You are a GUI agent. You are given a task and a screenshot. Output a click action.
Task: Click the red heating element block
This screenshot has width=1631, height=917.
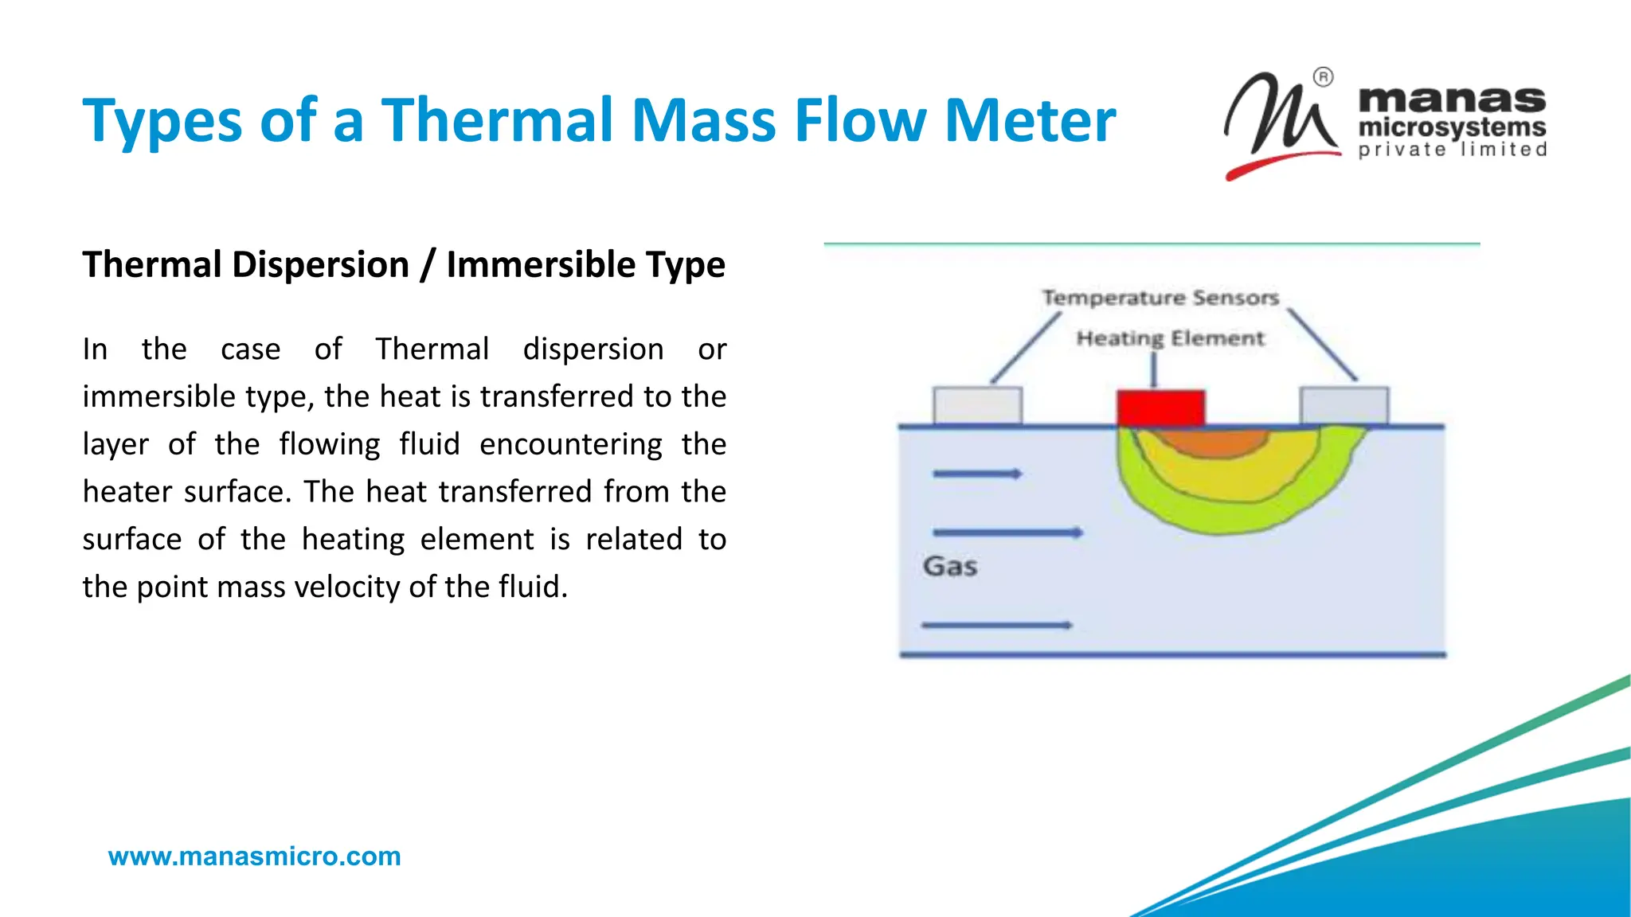point(1160,408)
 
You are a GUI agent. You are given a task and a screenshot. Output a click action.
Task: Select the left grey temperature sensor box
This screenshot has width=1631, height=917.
point(977,406)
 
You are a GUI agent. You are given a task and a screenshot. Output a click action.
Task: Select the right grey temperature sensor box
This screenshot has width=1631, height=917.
point(1344,406)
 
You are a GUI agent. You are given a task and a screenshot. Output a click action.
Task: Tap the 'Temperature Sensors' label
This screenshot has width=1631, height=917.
point(1160,298)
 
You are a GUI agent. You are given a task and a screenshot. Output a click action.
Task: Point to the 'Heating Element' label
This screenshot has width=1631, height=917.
point(1170,338)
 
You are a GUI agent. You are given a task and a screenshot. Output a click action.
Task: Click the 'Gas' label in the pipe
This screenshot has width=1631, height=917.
point(949,567)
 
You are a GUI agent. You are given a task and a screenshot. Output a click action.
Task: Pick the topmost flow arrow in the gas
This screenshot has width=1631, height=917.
point(977,474)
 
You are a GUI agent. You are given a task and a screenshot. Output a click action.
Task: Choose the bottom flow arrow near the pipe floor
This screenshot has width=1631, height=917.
point(996,626)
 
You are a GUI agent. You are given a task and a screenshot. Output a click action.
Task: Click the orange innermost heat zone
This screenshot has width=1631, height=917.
point(1212,443)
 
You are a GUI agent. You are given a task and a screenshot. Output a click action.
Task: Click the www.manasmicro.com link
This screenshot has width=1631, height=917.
point(254,857)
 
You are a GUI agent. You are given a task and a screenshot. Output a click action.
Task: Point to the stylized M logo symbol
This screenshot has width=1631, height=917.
point(1278,119)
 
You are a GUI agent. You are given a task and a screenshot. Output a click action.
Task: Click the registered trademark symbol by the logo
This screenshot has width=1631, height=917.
point(1323,77)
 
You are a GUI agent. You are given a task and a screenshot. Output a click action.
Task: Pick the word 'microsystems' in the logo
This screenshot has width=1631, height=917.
point(1451,127)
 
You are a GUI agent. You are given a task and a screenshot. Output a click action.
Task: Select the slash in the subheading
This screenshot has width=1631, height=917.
point(428,265)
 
